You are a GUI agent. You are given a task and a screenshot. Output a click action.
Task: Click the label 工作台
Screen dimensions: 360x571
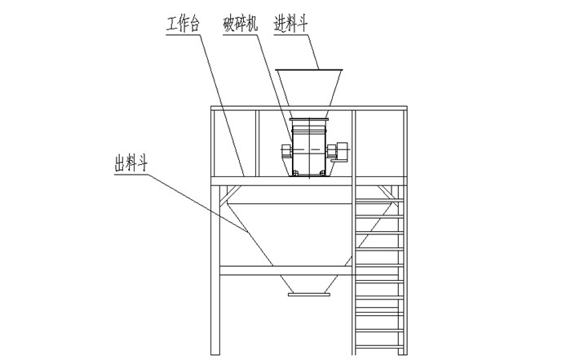(184, 25)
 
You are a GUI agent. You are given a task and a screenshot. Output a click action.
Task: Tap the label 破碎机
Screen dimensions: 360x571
(241, 25)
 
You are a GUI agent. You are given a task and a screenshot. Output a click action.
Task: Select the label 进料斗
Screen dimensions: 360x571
(292, 25)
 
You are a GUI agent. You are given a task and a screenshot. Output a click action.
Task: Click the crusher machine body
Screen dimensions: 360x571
(310, 147)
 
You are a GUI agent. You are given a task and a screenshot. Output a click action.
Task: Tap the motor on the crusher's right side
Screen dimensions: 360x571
(339, 150)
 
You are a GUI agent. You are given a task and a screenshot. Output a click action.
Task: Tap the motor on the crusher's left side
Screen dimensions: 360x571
(285, 152)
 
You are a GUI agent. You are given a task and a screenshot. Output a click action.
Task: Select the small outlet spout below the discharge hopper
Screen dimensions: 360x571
(308, 285)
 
